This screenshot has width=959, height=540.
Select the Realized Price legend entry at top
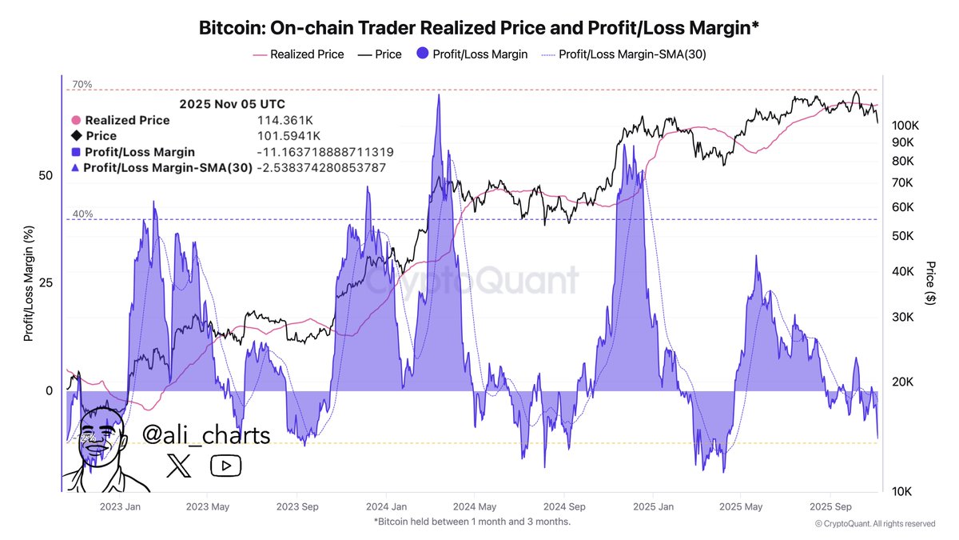pos(307,54)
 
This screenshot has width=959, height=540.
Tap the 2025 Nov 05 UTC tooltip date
pos(232,104)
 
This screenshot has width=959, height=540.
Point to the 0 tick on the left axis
pos(49,390)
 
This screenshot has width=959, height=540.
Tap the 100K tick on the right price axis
pos(906,126)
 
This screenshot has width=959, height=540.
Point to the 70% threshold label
pos(82,84)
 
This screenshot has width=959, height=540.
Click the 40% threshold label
pos(82,214)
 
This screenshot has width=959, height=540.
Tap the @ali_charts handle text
pos(206,434)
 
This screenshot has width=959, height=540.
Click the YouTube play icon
pos(225,466)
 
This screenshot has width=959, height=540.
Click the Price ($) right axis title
pos(930,282)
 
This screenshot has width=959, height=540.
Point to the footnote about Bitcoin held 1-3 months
pos(472,522)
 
